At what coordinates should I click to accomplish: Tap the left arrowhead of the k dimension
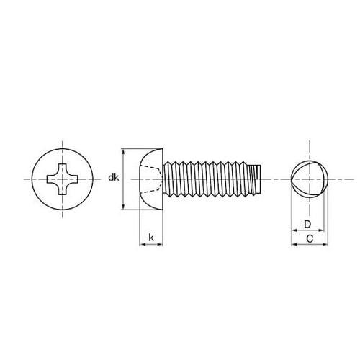[141, 245]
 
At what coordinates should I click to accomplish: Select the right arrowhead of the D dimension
[320, 230]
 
